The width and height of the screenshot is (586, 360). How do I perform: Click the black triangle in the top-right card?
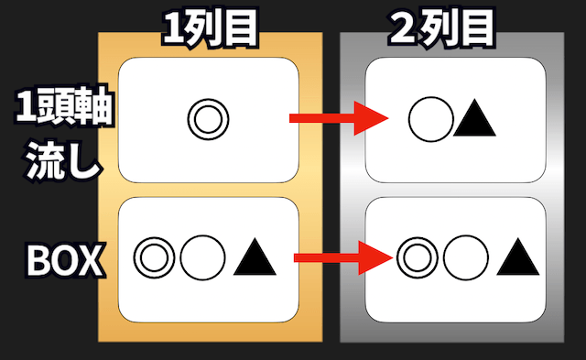tap(474, 120)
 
